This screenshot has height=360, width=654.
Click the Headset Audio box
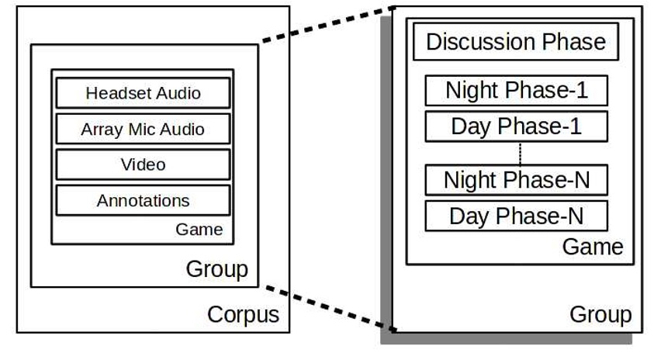143,93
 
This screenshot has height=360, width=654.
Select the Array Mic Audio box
143,129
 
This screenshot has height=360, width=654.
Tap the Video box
143,164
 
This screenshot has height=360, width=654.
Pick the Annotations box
143,200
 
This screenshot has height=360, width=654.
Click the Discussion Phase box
515,42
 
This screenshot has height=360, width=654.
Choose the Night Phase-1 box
516,91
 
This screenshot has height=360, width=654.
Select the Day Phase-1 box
516,126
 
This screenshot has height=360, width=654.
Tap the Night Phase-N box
516,181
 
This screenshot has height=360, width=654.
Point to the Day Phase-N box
516,216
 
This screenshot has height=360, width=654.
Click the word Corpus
243,315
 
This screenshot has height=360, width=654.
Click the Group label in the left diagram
217,269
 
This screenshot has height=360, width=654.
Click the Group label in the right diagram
600,315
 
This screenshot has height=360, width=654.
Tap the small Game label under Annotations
199,230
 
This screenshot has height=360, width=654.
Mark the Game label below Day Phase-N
593,247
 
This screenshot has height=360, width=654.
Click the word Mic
140,129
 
